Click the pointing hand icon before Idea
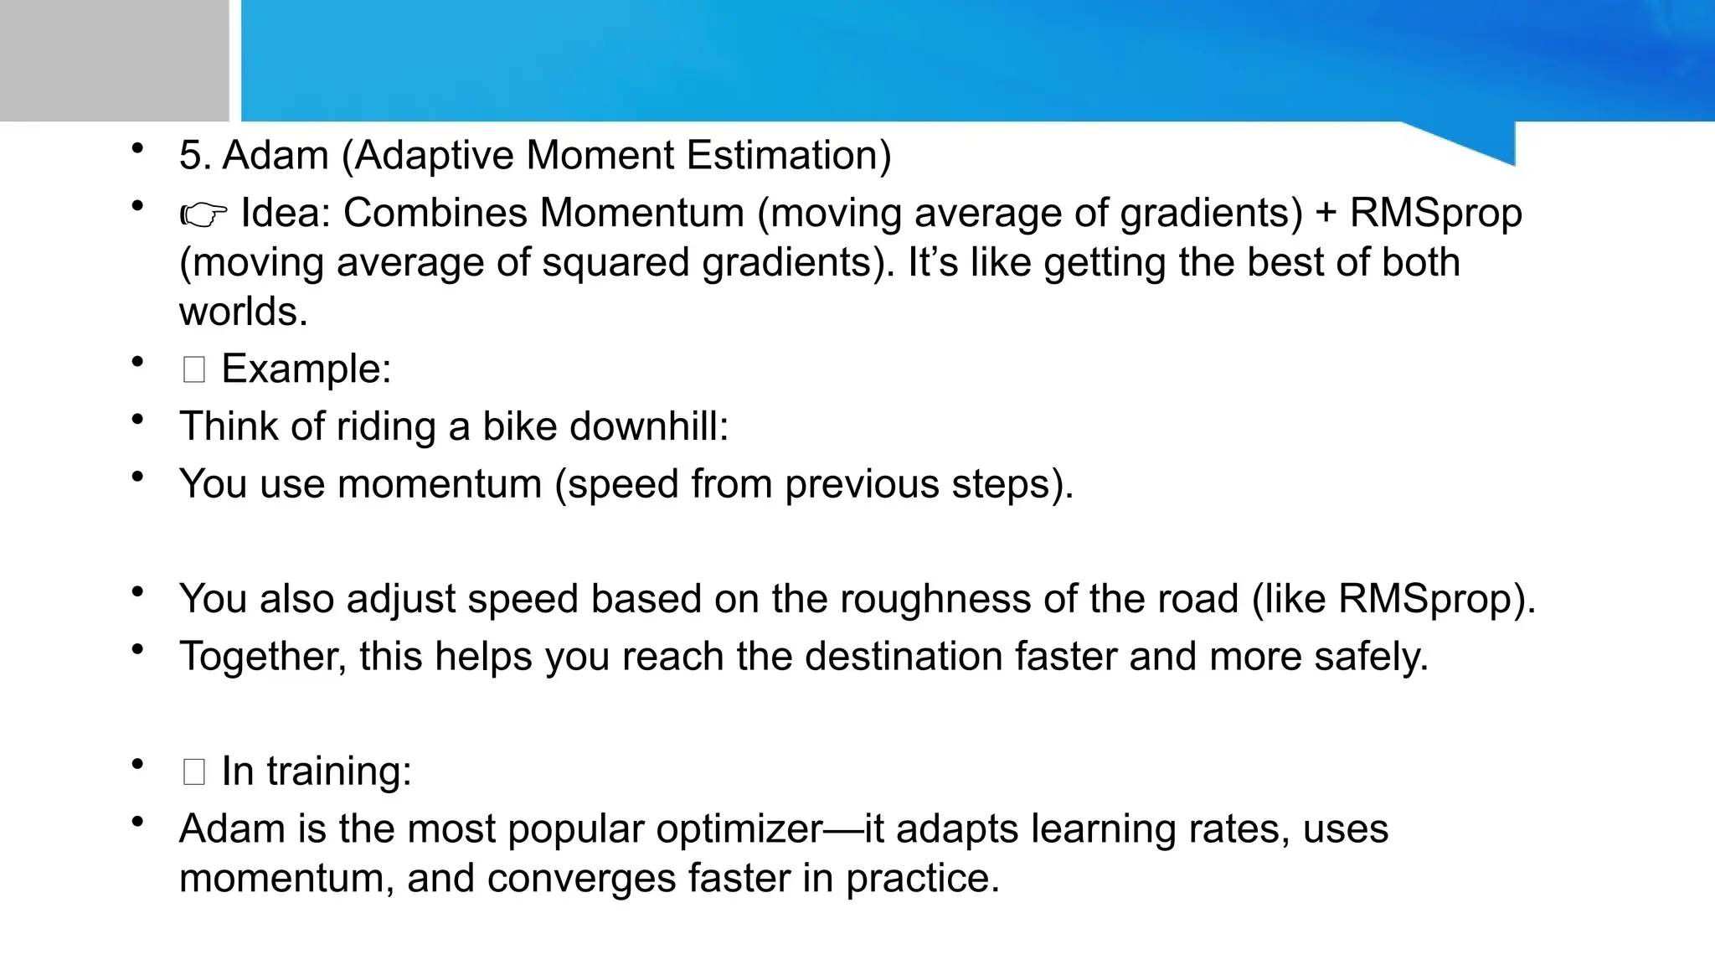[x=203, y=215]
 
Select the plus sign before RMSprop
[x=1326, y=214]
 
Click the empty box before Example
[x=193, y=369]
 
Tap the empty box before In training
[x=193, y=771]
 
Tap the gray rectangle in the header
[x=114, y=60]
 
